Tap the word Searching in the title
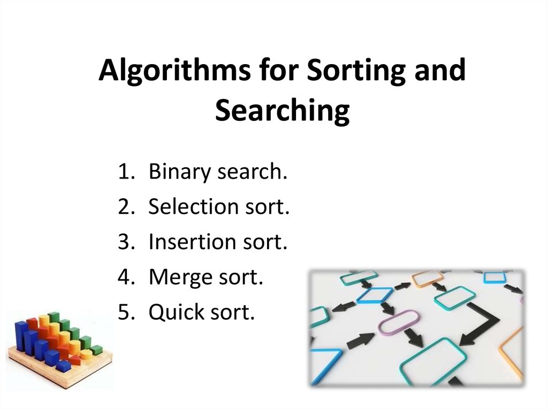282,111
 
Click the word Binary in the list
180,173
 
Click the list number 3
125,242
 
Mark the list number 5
125,312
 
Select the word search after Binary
250,173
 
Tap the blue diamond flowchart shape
374,295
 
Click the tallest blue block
22,337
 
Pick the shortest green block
96,351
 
